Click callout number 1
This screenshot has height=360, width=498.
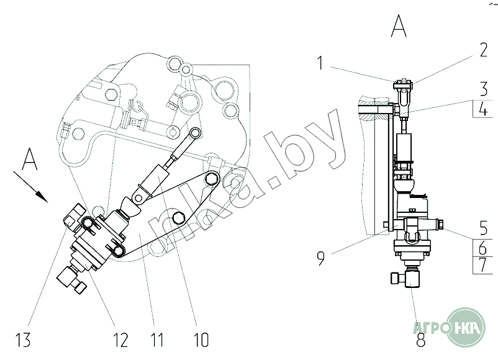pos(320,63)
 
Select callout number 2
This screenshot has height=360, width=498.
pos(483,50)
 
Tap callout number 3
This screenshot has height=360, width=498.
pos(483,89)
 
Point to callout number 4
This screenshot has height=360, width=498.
pos(483,109)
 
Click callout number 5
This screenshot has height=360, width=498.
pos(483,227)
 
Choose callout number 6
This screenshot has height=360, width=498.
pos(482,247)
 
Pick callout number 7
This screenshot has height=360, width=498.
pos(483,266)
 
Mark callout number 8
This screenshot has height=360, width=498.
pos(420,339)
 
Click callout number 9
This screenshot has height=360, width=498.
pos(321,258)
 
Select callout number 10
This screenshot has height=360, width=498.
pos(201,340)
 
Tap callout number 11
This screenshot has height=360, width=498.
pos(156,340)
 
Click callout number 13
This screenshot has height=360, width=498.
pos(23,340)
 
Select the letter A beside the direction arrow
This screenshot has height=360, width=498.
pos(30,159)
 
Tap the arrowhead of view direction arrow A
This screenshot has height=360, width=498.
pos(42,197)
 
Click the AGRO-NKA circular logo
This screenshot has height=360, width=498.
pos(466,326)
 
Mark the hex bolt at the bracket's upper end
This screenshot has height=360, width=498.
pos(212,179)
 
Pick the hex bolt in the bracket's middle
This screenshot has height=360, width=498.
pos(178,217)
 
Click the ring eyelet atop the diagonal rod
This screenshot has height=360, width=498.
pos(196,133)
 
